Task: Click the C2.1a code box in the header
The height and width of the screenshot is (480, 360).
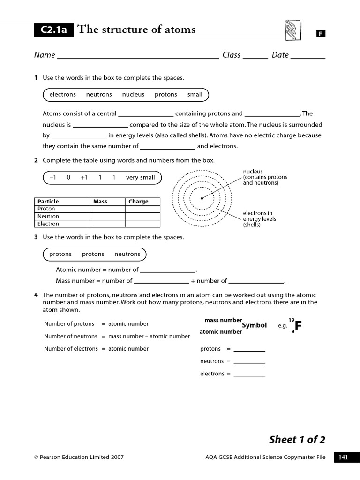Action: [x=54, y=30]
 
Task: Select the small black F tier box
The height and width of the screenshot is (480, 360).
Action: [x=320, y=34]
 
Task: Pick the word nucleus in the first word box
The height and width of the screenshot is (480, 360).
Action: [x=133, y=95]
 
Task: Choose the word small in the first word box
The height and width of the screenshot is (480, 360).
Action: [x=195, y=95]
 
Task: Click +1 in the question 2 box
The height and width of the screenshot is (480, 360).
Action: [x=84, y=178]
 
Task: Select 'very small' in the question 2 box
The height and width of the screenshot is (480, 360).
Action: [x=140, y=178]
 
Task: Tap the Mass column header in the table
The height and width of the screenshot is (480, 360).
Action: [x=100, y=202]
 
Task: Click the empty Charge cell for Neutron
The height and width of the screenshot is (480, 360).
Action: [x=142, y=217]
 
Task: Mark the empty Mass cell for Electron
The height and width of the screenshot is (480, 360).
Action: [x=107, y=224]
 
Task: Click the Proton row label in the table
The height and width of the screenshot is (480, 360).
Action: [x=46, y=209]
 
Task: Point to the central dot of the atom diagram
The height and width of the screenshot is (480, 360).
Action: [x=202, y=198]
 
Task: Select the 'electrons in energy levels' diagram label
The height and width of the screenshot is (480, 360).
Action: [x=259, y=219]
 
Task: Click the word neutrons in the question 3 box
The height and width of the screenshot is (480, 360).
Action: [x=127, y=255]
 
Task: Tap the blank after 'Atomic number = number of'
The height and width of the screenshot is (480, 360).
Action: [x=167, y=270]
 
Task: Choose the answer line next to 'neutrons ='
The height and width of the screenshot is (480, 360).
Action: [x=249, y=362]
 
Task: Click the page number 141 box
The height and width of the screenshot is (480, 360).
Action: [x=344, y=457]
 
